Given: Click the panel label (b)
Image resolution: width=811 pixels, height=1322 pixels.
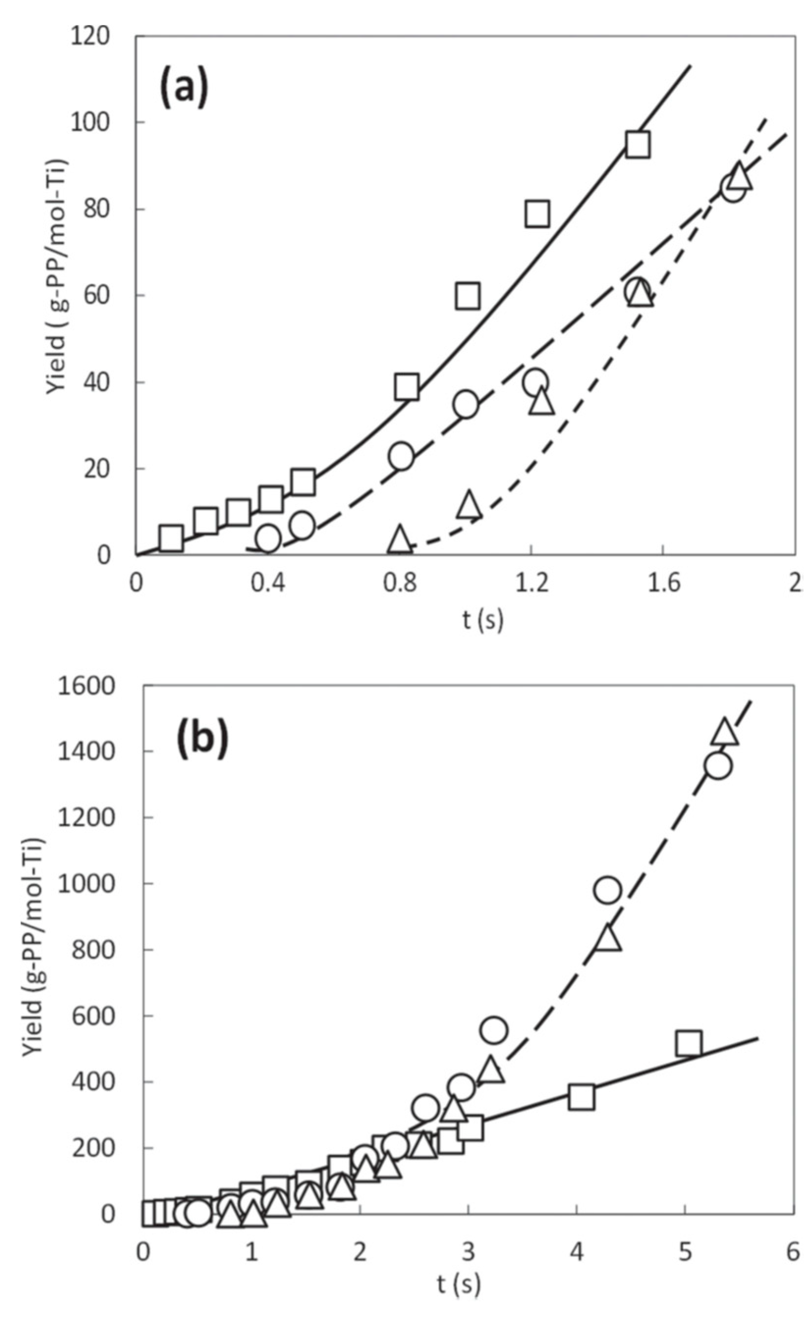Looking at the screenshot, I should (203, 738).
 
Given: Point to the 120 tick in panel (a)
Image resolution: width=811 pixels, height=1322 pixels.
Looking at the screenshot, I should (90, 36).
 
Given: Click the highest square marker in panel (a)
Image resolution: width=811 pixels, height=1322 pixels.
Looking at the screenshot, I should (638, 145).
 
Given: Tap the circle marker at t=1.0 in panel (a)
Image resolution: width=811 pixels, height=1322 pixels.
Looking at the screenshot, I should (465, 404).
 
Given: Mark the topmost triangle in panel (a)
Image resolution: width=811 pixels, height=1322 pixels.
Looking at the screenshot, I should (740, 177).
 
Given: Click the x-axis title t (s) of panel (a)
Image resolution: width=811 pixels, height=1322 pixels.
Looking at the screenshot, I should (483, 620).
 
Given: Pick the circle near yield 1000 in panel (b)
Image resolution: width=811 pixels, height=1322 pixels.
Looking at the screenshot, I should (608, 890).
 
